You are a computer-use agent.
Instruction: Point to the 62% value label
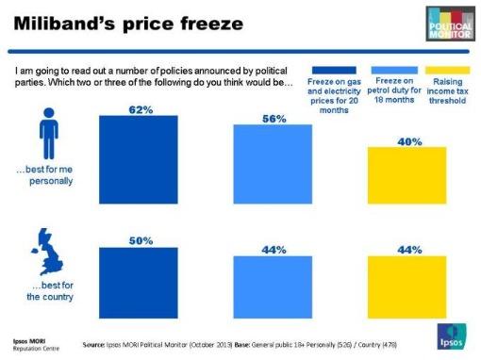pos(141,109)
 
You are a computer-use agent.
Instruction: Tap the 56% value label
pos(274,119)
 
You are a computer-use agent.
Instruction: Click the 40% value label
pos(408,141)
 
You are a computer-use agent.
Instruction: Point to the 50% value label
pos(141,240)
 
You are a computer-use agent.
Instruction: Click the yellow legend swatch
pos(448,70)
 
